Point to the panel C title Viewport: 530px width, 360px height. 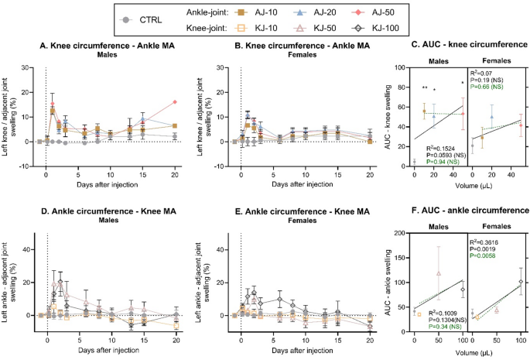(x=459, y=46)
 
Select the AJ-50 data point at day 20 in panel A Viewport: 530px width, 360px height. (x=176, y=101)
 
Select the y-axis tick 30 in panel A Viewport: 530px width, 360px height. (x=26, y=68)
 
